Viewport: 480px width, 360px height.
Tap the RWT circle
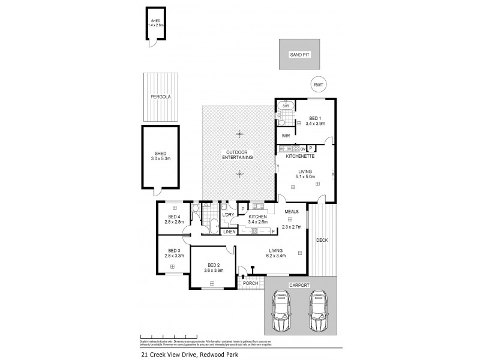(318, 85)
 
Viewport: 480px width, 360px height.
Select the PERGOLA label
(159, 96)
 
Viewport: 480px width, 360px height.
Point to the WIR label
(286, 136)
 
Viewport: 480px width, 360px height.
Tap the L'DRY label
(228, 215)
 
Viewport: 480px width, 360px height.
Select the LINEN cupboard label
(229, 232)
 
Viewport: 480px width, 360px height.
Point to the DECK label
(322, 240)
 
